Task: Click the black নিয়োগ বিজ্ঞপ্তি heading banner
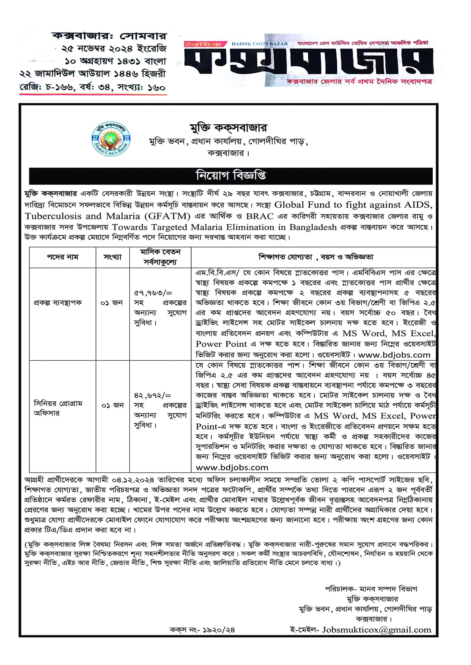coord(231,176)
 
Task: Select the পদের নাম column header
coord(62,257)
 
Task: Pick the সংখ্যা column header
coord(113,257)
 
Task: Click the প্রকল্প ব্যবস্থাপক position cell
coord(58,303)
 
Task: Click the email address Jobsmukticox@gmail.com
coord(376,630)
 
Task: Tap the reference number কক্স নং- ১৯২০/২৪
coord(202,630)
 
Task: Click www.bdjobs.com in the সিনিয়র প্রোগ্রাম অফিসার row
coord(232,467)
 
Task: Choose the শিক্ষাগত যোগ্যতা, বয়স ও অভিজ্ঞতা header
coord(316,257)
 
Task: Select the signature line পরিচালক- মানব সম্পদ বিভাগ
coord(371,589)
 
